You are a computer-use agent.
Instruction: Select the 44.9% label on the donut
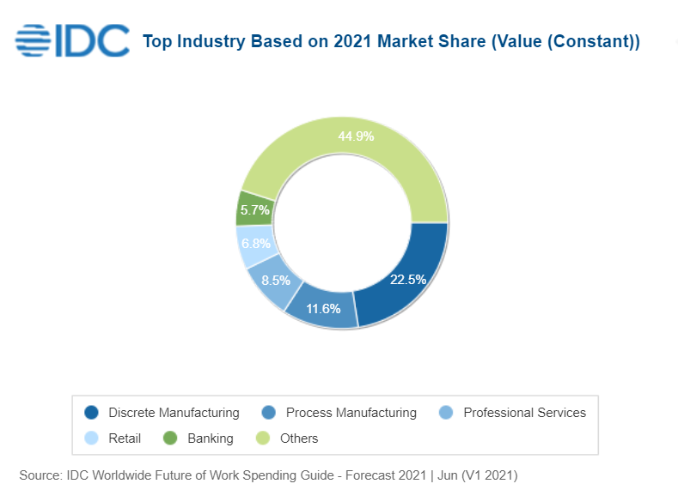[x=356, y=136]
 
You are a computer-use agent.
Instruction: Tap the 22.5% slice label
[x=407, y=279]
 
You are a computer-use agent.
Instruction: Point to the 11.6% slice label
[x=323, y=308]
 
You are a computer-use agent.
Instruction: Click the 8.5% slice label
[x=275, y=280]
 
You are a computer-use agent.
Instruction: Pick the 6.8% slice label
[x=254, y=244]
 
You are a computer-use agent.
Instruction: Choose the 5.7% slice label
[x=255, y=209]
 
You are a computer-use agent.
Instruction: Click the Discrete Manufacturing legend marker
[x=92, y=413]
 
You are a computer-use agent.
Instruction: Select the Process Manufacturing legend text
[x=351, y=413]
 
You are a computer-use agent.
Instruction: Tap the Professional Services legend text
[x=524, y=413]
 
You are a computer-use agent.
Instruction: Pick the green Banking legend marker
[x=170, y=438]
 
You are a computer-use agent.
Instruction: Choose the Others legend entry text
[x=299, y=438]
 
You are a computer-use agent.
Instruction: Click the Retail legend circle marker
[x=92, y=438]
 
